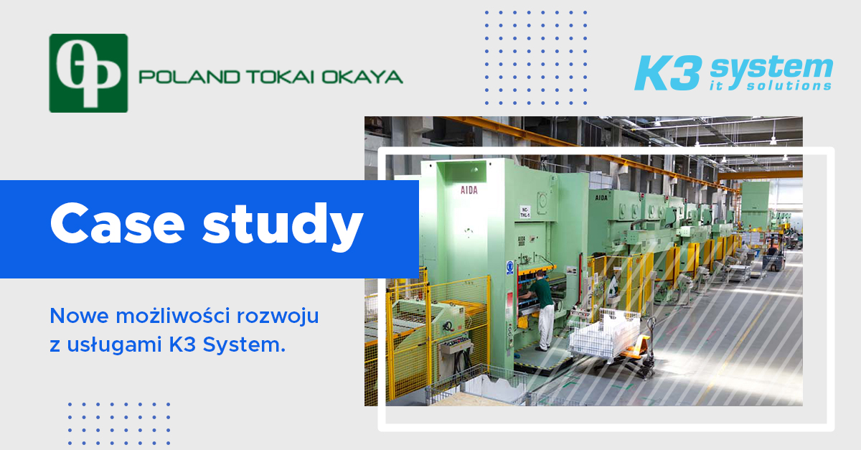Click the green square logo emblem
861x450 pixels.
click(x=88, y=73)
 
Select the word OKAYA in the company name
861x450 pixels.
click(x=362, y=77)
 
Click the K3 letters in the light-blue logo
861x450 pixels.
click(x=667, y=73)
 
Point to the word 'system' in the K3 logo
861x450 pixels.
click(x=771, y=68)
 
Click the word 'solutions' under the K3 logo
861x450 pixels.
click(x=789, y=85)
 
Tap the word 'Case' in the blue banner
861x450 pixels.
click(x=118, y=224)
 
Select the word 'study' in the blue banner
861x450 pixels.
click(x=283, y=226)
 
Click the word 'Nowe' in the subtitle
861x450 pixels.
click(x=80, y=317)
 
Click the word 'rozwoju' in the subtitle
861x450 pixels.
click(x=278, y=317)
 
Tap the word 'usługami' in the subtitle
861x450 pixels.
click(x=115, y=344)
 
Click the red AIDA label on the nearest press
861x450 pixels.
click(x=469, y=190)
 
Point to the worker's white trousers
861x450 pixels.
click(x=546, y=327)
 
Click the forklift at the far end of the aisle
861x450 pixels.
click(x=773, y=253)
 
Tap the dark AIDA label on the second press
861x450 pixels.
click(x=601, y=197)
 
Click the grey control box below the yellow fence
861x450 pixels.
click(x=456, y=347)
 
